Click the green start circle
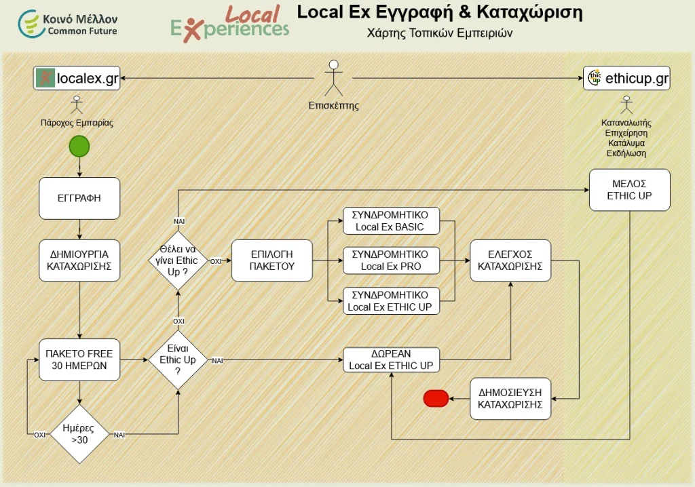(79, 146)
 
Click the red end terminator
(436, 398)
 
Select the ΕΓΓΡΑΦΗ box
(79, 198)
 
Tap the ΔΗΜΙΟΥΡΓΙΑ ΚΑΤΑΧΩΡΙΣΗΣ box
(79, 260)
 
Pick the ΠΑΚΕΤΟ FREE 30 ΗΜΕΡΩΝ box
(79, 359)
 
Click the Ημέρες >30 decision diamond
(79, 434)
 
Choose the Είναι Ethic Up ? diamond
(178, 360)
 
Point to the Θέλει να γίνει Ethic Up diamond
(178, 260)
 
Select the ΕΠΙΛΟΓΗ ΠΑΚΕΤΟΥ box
(272, 260)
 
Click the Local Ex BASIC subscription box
(391, 220)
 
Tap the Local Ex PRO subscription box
(391, 260)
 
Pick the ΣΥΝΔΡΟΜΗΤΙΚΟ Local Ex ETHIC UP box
(391, 301)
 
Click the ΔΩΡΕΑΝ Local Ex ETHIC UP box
(391, 360)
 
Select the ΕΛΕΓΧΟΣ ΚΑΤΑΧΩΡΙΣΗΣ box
(510, 260)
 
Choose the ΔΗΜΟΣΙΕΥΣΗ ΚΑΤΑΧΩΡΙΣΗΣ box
(510, 398)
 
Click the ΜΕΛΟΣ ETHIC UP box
(630, 190)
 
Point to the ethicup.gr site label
(627, 78)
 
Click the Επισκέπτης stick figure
(333, 78)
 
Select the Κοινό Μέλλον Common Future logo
(68, 24)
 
